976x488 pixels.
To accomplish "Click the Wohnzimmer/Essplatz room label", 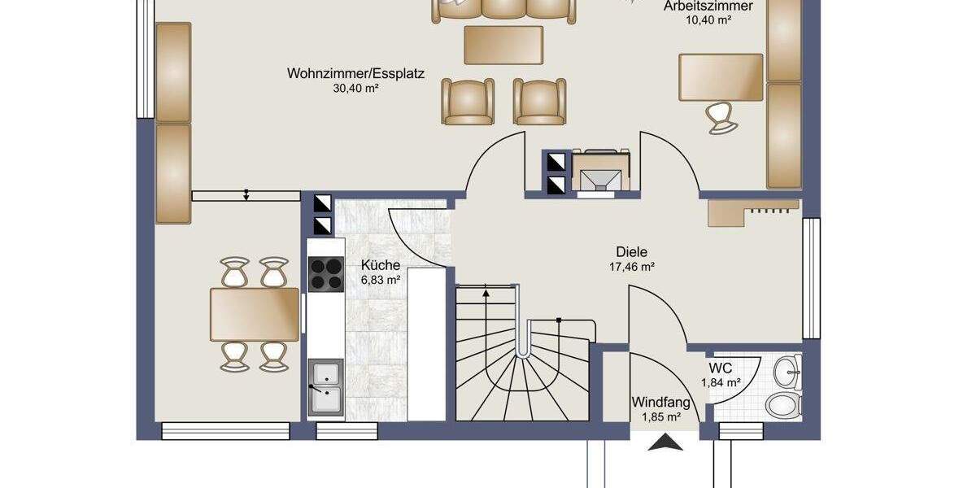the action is pos(355,74).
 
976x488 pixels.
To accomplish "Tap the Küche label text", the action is pos(381,265).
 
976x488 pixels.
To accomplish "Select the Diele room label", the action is pos(631,252).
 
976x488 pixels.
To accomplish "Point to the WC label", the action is pos(721,368).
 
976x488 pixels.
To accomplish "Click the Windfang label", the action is pos(661,402).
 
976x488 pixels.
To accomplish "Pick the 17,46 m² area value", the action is pos(632,267).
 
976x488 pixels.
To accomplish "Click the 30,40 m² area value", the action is pos(355,89).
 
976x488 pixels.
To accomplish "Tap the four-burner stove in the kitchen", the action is pos(326,274).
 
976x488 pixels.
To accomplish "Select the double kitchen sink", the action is pos(325,387).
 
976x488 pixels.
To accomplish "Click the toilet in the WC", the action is pos(784,406).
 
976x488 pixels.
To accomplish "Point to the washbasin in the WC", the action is pos(787,372).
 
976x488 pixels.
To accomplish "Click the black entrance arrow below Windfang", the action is pos(665,442).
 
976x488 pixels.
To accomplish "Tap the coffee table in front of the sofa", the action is pos(503,46).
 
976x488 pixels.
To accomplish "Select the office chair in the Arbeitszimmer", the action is pos(721,118).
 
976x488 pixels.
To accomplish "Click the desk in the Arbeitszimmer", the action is pos(721,77).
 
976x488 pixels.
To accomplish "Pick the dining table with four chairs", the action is pos(255,314).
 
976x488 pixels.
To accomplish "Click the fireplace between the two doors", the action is pos(601,172).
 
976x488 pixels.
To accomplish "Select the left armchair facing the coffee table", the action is pos(468,102).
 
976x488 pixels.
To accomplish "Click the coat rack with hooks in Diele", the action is pos(753,212).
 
